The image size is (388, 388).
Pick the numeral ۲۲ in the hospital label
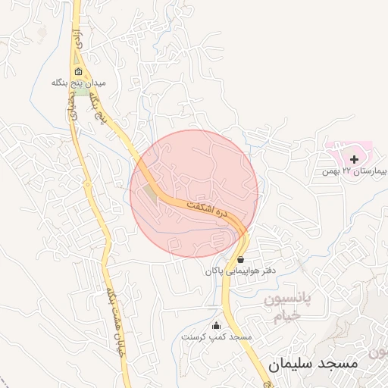(346, 171)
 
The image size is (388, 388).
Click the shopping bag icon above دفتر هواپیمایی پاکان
(240, 259)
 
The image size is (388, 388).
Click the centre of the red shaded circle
(194, 193)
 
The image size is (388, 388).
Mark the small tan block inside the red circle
(152, 196)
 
